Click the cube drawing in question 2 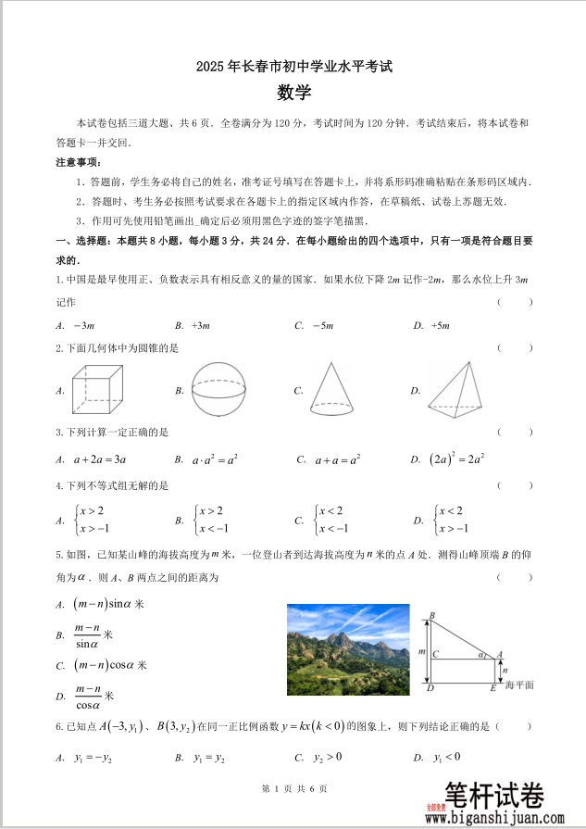96,387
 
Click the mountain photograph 348,649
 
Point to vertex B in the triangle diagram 431,616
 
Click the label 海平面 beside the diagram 519,685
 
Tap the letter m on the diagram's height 421,652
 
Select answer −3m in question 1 83,326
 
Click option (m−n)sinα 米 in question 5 109,604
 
